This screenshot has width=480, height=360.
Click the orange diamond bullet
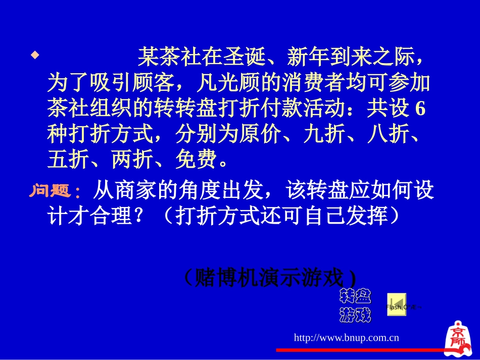35,55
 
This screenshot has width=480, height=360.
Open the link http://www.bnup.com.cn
347,337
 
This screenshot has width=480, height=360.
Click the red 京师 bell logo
459,337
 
